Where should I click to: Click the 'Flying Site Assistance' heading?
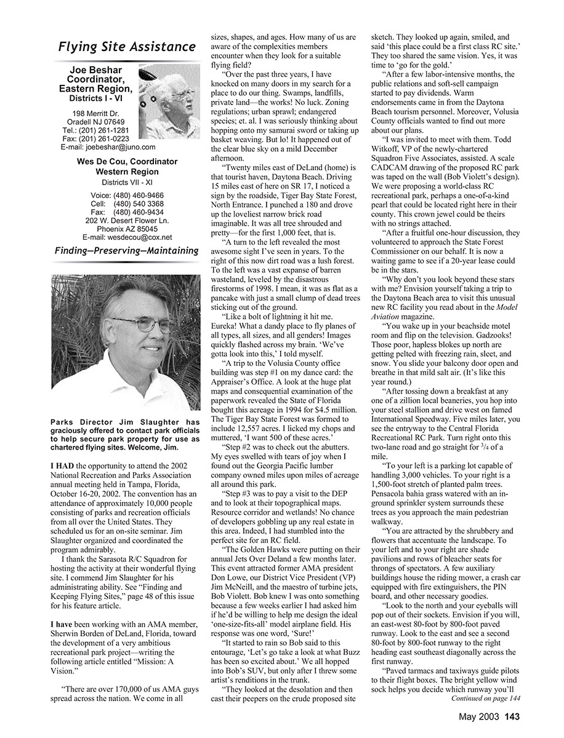[127, 47]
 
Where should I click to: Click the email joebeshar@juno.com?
[108, 147]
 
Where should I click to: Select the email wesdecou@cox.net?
[127, 237]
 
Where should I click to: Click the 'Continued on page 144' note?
[486, 699]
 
